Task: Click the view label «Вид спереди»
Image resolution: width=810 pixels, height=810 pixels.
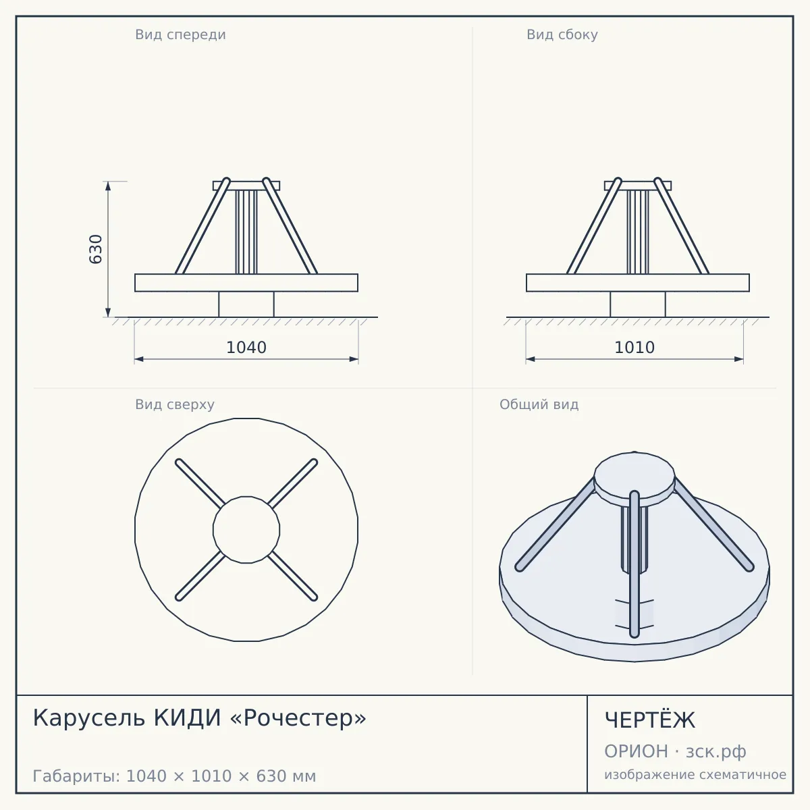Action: click(180, 34)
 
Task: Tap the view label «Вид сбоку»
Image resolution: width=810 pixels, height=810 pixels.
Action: click(562, 34)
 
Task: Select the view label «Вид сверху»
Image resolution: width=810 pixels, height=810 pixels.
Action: click(174, 404)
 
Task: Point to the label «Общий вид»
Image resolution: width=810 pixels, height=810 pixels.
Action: click(539, 404)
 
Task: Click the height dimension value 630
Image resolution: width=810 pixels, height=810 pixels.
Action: click(96, 249)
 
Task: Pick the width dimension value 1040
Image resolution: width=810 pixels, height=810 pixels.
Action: click(246, 348)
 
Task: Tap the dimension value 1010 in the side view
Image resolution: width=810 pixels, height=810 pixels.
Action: click(634, 348)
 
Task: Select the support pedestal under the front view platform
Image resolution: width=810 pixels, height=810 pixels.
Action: click(246, 304)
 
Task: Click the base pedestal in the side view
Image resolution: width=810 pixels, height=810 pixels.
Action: click(638, 304)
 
